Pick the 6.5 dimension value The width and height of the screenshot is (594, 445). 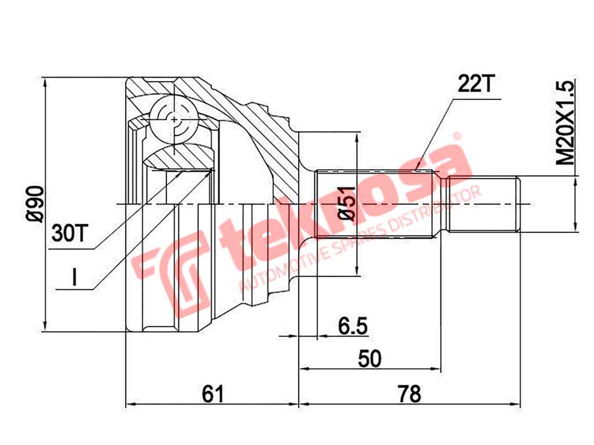[x=352, y=326]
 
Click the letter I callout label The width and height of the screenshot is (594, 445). [x=74, y=279]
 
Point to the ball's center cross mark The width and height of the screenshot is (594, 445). [x=175, y=118]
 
